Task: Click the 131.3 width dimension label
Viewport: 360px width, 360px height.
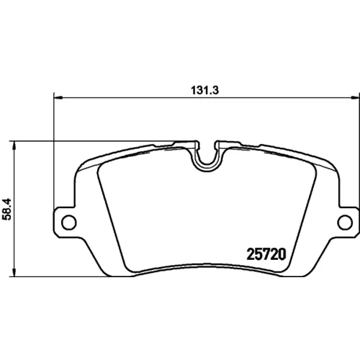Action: pos(204,91)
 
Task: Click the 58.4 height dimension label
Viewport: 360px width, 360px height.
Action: pos(6,209)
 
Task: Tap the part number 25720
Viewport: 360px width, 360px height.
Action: pos(266,254)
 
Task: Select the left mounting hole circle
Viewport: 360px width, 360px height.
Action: pos(69,222)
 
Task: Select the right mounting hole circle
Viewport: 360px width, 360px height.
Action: pos(345,222)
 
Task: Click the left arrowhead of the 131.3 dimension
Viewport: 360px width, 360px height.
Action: pos(58,98)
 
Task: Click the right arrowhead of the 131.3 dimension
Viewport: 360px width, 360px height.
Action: pos(355,98)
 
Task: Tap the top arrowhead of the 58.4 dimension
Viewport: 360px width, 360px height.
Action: pos(15,145)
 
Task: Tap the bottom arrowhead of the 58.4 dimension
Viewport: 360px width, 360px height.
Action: pos(15,272)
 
